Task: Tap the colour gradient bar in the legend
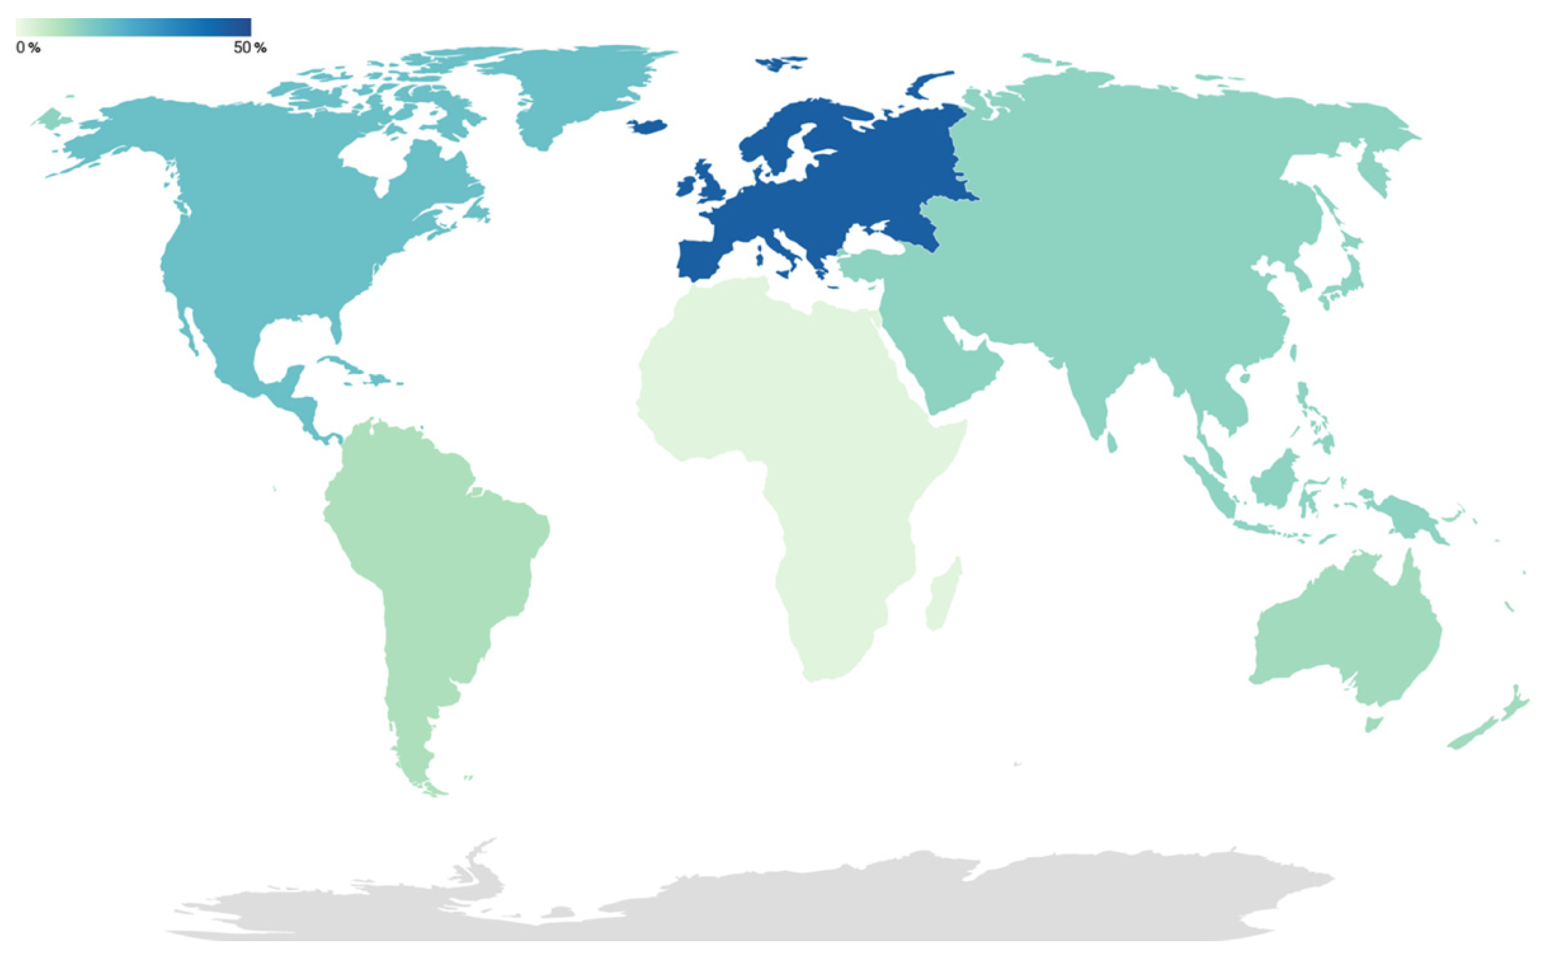[133, 27]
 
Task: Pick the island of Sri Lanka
[1111, 442]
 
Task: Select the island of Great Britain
[714, 183]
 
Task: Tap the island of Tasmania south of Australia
[1373, 724]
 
